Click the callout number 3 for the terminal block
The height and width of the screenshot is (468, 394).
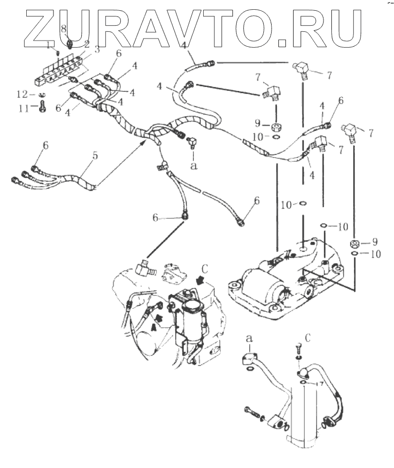pyautogui.click(x=96, y=50)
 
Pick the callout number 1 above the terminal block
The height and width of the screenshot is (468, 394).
pyautogui.click(x=50, y=46)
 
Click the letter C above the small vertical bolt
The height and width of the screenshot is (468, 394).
pyautogui.click(x=308, y=338)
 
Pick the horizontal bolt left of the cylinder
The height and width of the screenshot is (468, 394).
pyautogui.click(x=250, y=411)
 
